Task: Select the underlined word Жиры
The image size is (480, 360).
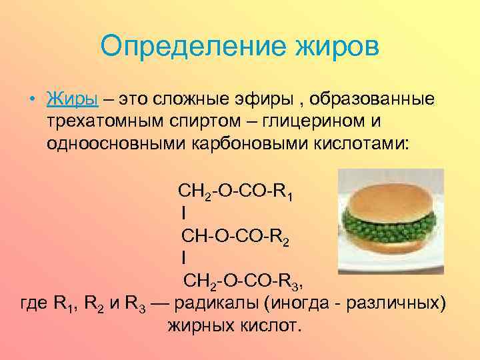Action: [73, 99]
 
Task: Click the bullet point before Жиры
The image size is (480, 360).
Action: [32, 99]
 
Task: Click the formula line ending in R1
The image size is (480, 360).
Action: [237, 193]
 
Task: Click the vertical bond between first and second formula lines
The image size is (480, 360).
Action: [183, 214]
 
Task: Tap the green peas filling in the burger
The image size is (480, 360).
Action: [387, 221]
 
